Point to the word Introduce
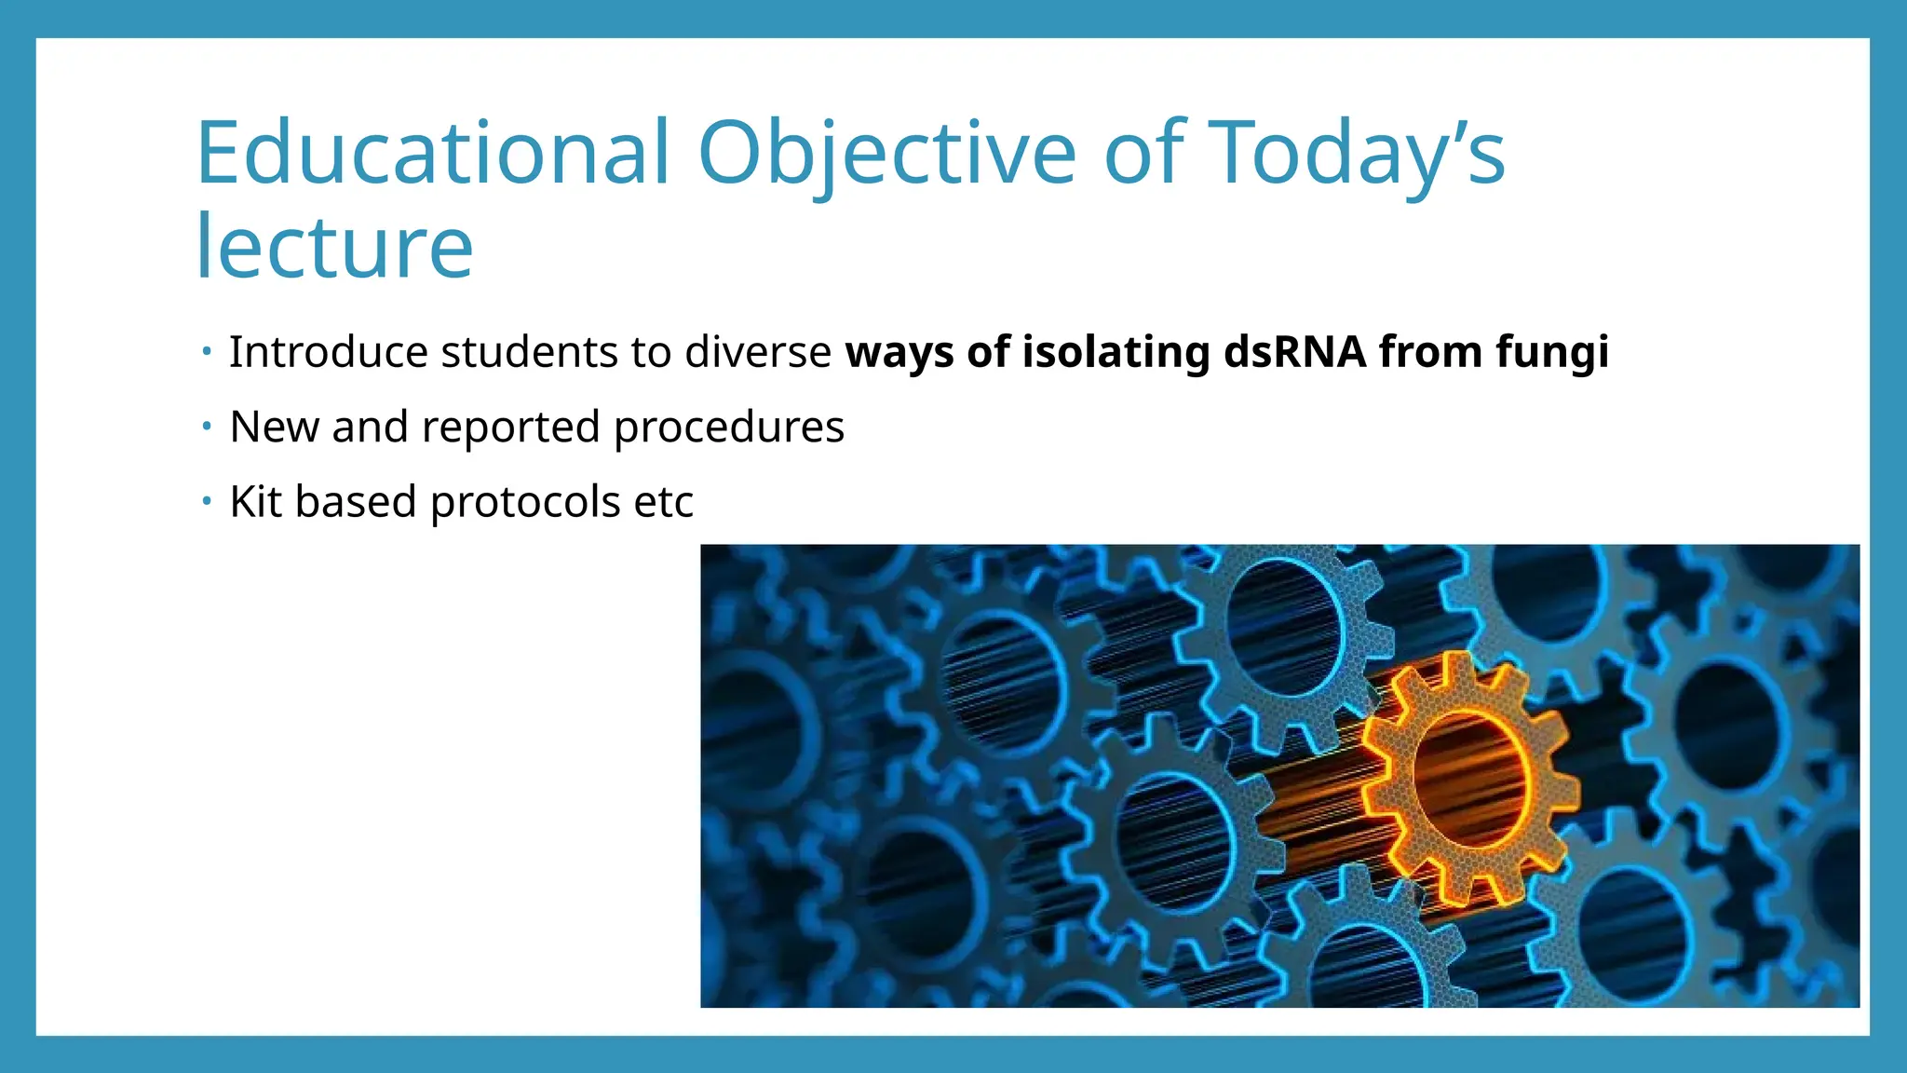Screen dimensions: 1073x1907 point(329,352)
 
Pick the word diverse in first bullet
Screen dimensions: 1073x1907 point(758,352)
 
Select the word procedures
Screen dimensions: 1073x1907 point(728,428)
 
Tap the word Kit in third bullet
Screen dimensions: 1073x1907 point(256,502)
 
